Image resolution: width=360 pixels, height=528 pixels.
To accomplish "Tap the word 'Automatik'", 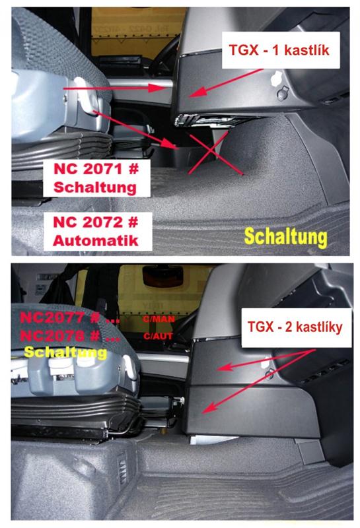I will click(x=96, y=240).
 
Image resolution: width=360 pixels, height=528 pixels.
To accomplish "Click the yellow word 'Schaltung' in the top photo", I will click(x=285, y=236).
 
